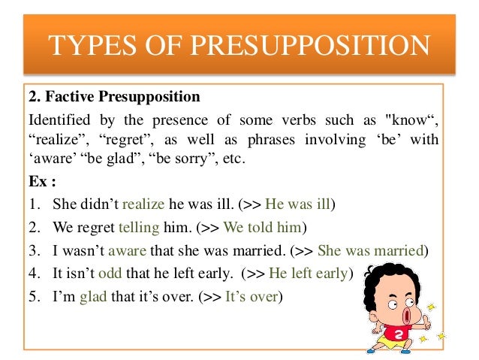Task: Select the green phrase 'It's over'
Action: (x=251, y=296)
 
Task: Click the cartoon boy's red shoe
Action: (x=373, y=349)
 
